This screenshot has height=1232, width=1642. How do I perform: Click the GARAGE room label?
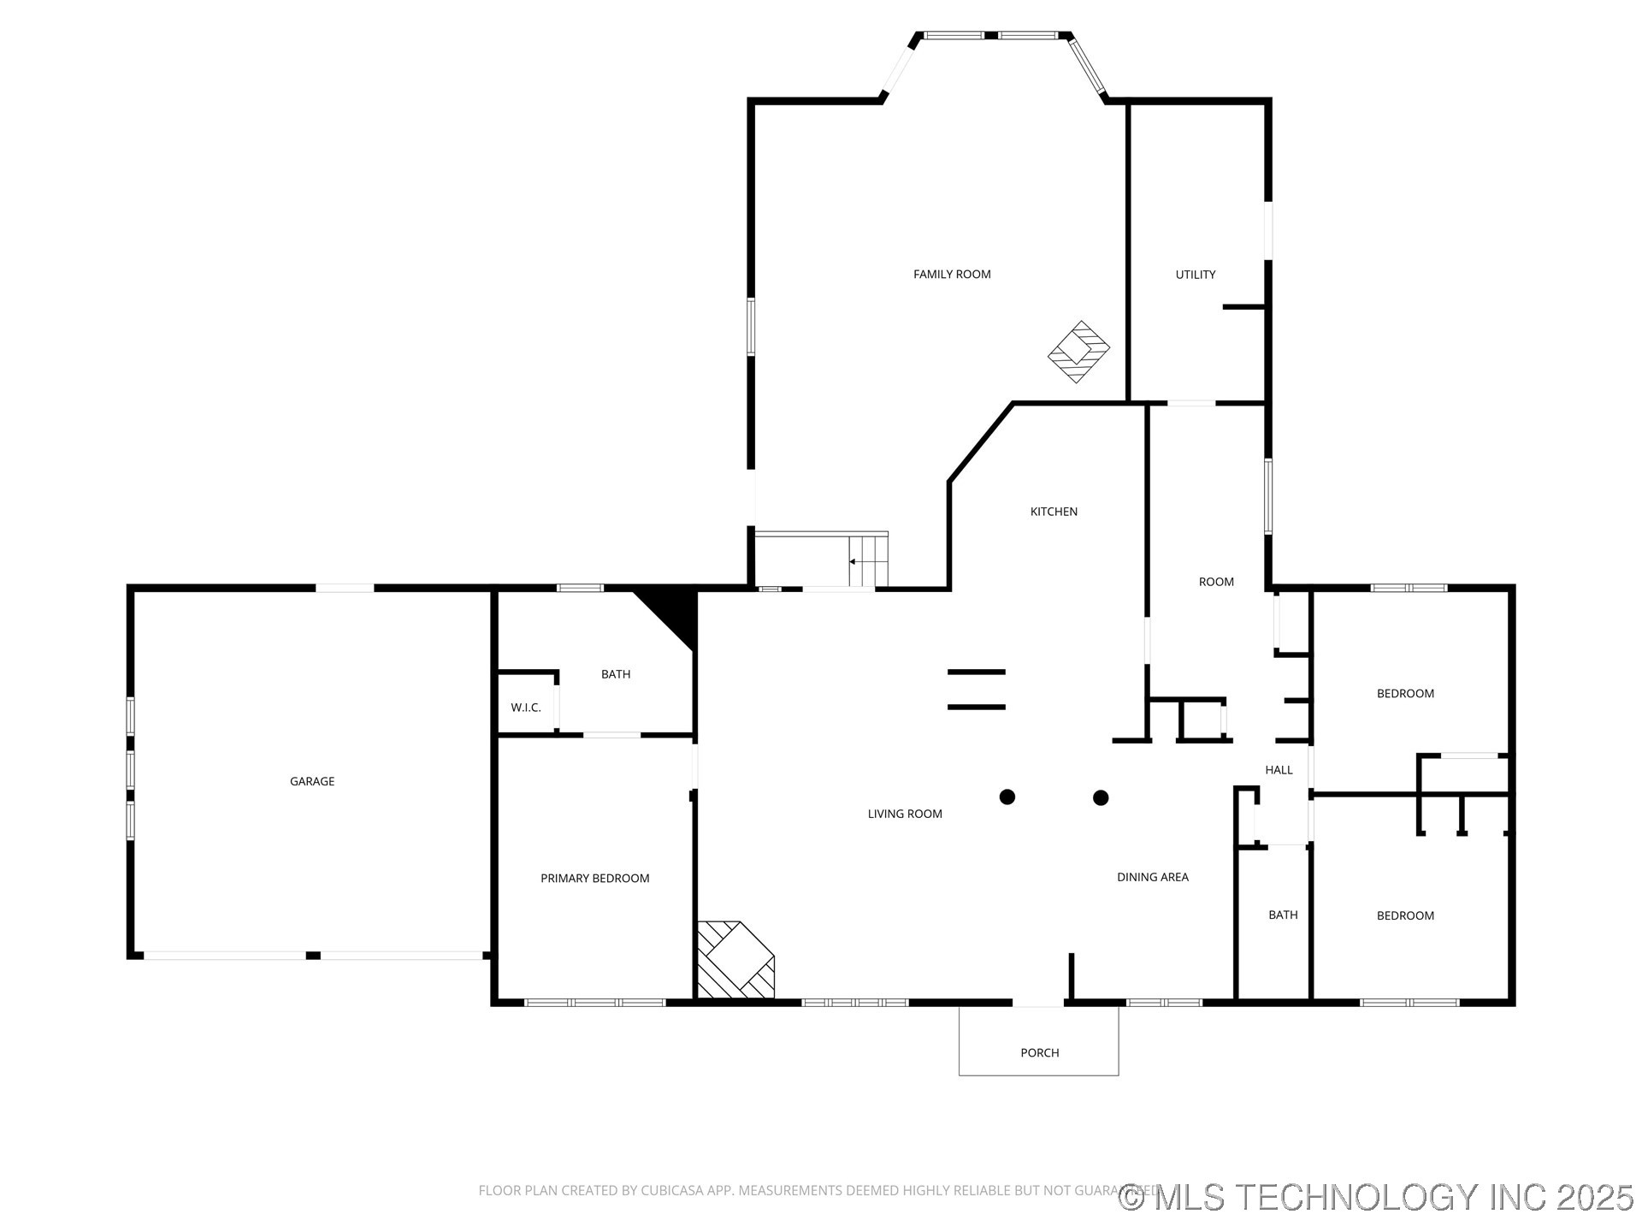(x=312, y=781)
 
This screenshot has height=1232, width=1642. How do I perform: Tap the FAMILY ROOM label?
(x=952, y=275)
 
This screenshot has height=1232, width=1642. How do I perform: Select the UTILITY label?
(x=1195, y=275)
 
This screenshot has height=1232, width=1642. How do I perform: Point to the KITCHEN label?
(x=1054, y=512)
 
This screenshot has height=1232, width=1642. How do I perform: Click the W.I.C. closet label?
(x=526, y=708)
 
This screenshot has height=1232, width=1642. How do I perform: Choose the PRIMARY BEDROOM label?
(x=594, y=879)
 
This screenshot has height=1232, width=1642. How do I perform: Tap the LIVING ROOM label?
(x=905, y=814)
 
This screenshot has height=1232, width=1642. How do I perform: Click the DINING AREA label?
(x=1152, y=877)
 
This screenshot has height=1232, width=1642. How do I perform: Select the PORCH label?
(x=1039, y=1053)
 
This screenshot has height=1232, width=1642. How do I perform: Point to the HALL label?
(x=1279, y=770)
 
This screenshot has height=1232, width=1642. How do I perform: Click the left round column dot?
(x=1007, y=797)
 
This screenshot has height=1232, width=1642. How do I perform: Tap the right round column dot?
(x=1101, y=797)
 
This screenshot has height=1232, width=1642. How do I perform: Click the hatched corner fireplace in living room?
(x=735, y=960)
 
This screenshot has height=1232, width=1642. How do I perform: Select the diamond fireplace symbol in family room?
(x=1079, y=352)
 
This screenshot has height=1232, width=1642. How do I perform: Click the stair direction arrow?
(x=853, y=562)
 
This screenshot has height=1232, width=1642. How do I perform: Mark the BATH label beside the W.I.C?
(x=616, y=674)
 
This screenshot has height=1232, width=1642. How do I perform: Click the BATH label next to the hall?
(x=1283, y=915)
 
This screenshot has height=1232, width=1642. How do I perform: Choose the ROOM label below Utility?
(x=1216, y=582)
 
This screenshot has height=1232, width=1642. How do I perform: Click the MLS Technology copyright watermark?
(x=1376, y=1197)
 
